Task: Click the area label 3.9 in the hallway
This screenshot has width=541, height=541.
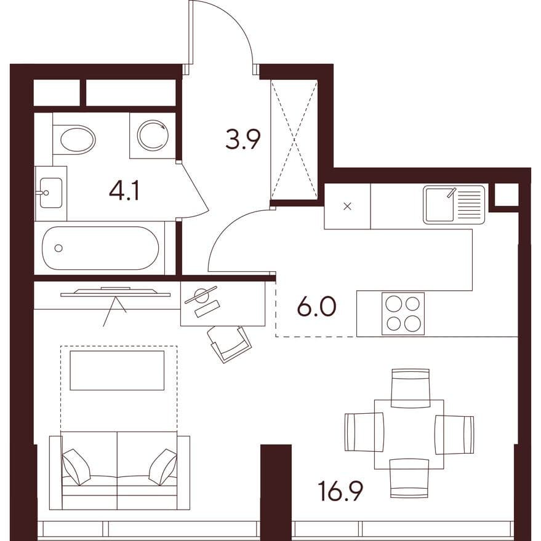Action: click(x=242, y=139)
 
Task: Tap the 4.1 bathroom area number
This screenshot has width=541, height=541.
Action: click(x=124, y=192)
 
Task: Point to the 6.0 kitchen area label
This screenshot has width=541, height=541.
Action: click(x=316, y=307)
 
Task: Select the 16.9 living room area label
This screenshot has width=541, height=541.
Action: click(x=340, y=492)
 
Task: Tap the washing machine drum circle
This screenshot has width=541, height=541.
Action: click(x=153, y=135)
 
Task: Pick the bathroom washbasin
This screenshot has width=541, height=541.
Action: click(x=51, y=193)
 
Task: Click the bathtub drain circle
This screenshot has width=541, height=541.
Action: click(x=58, y=248)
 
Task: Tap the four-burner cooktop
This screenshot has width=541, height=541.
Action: click(x=403, y=314)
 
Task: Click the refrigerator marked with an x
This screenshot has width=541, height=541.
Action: click(x=347, y=207)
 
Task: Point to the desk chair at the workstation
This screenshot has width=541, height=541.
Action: click(x=230, y=344)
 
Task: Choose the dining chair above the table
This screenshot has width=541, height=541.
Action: click(x=411, y=388)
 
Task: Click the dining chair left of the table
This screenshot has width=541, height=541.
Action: click(x=364, y=432)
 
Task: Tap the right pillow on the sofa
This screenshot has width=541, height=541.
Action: click(x=163, y=467)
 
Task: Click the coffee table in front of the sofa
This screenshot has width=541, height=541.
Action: click(x=117, y=371)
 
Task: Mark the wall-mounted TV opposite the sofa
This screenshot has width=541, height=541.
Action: click(x=116, y=292)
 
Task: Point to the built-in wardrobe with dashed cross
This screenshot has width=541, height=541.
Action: click(x=294, y=140)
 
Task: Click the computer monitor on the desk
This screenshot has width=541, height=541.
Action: click(x=201, y=294)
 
